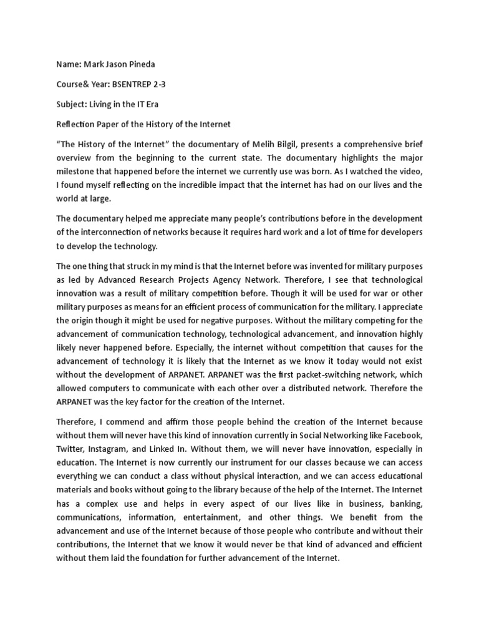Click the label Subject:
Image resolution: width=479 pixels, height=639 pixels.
72,104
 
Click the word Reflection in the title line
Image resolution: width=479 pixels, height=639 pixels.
77,124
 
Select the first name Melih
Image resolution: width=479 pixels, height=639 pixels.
271,144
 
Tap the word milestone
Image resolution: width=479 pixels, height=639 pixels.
78,172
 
